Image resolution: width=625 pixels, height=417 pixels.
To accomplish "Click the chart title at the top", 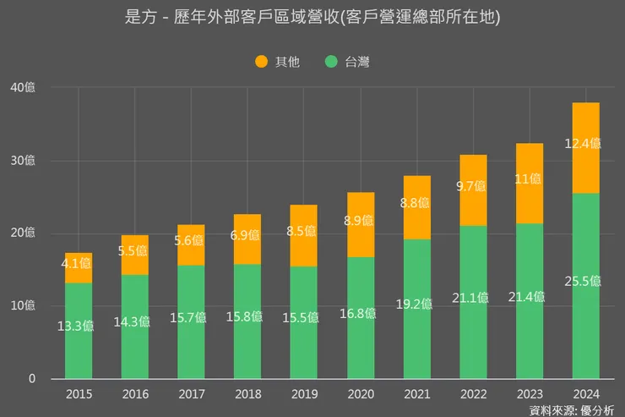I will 312,18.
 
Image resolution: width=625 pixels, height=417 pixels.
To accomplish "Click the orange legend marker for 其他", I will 261,61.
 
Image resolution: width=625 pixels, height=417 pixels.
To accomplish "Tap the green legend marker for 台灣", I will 331,61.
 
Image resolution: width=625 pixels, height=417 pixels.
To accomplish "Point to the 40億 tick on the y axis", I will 24,87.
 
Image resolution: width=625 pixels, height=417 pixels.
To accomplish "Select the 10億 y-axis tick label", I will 24,305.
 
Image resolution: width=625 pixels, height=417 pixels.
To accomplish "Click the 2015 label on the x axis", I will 79,394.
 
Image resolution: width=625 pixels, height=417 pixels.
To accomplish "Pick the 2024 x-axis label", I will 585,394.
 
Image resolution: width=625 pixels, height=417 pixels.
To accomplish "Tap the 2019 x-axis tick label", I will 304,394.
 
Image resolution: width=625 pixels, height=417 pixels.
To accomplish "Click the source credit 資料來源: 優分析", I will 572,410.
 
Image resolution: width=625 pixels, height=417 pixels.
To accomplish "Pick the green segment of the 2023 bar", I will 529,338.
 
